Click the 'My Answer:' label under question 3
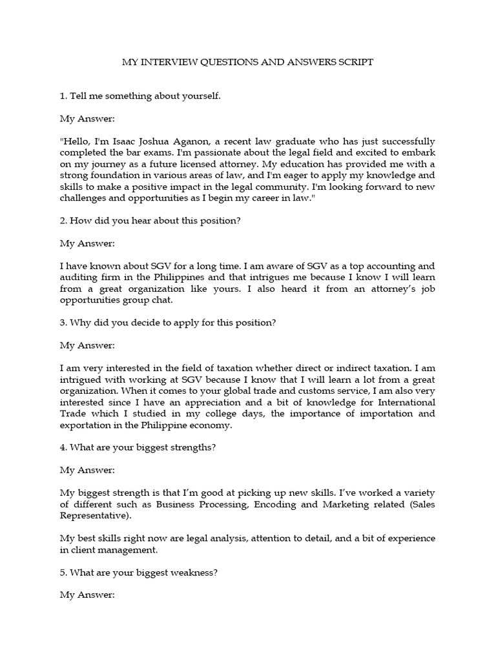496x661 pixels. tap(87, 345)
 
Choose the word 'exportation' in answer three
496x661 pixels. tap(86, 425)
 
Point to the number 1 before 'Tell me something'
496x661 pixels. tap(62, 96)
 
